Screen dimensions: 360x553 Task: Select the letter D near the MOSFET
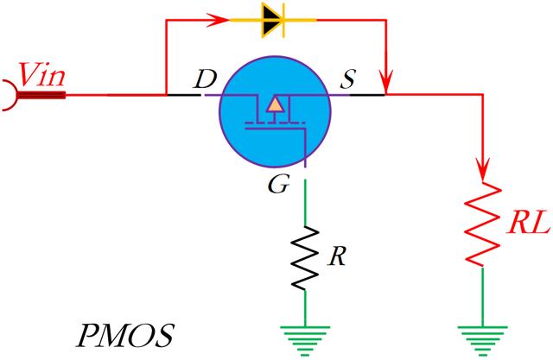point(205,80)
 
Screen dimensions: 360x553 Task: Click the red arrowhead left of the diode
point(213,18)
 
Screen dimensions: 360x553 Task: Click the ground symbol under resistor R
point(305,336)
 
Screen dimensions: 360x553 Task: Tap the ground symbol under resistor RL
point(482,336)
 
